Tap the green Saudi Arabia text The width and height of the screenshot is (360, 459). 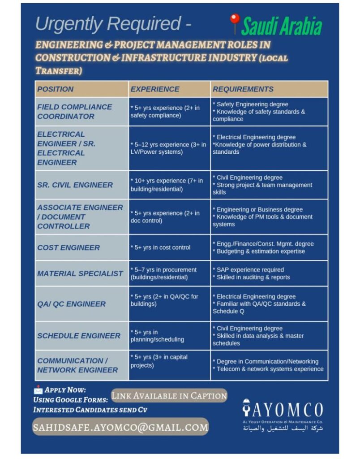click(x=282, y=26)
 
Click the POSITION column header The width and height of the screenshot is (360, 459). click(x=56, y=89)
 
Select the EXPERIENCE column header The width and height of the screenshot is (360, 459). click(x=155, y=89)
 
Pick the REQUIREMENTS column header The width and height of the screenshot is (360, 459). click(x=243, y=89)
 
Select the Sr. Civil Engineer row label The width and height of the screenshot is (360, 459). click(x=75, y=185)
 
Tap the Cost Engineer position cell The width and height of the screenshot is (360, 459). click(x=69, y=247)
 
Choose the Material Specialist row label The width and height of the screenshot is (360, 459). click(x=80, y=273)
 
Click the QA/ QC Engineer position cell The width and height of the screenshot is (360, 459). click(x=72, y=304)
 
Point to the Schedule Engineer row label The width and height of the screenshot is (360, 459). click(x=79, y=336)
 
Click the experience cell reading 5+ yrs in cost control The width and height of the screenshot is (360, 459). click(x=160, y=247)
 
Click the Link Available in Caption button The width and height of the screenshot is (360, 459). click(x=169, y=396)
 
